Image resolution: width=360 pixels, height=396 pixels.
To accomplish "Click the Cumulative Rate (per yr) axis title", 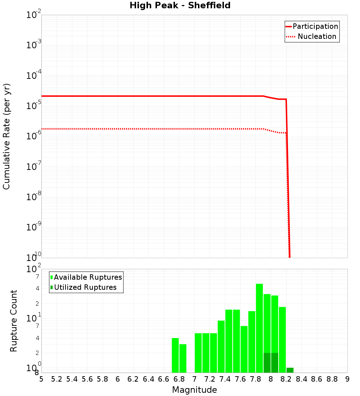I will tap(6, 136).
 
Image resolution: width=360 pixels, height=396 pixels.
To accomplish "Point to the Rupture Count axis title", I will tap(14, 320).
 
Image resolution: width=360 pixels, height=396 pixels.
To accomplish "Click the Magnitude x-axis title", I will tap(194, 390).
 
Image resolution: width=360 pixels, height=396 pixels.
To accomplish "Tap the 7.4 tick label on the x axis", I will tap(225, 379).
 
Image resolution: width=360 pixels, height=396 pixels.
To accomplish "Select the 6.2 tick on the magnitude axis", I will tap(133, 379).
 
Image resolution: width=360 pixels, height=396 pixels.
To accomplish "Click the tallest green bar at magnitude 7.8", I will tap(259, 328).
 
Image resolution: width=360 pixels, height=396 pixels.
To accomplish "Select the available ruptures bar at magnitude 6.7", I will tap(175, 355).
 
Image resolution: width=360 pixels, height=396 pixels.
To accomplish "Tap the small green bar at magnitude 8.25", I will tap(290, 370).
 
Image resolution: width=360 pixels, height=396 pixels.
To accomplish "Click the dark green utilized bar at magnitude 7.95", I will tap(267, 363).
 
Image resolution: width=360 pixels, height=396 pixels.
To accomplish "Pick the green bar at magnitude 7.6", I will tap(244, 349).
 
